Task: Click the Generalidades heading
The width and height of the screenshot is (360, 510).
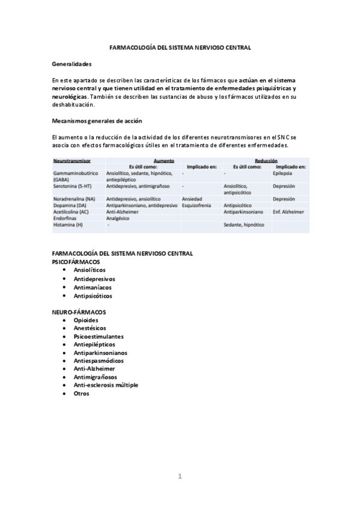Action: pos(72,63)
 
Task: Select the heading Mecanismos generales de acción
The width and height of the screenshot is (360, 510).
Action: pos(97,121)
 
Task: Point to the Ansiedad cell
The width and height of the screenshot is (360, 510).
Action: pos(192,198)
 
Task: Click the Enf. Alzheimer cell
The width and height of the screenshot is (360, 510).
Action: pos(288,212)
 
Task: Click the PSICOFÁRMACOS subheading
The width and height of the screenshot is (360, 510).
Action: pos(76,262)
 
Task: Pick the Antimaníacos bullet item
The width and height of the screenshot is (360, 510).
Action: pos(93,287)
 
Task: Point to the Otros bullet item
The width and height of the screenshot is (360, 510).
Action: pos(81,393)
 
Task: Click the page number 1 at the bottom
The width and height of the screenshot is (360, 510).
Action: pos(180,477)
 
